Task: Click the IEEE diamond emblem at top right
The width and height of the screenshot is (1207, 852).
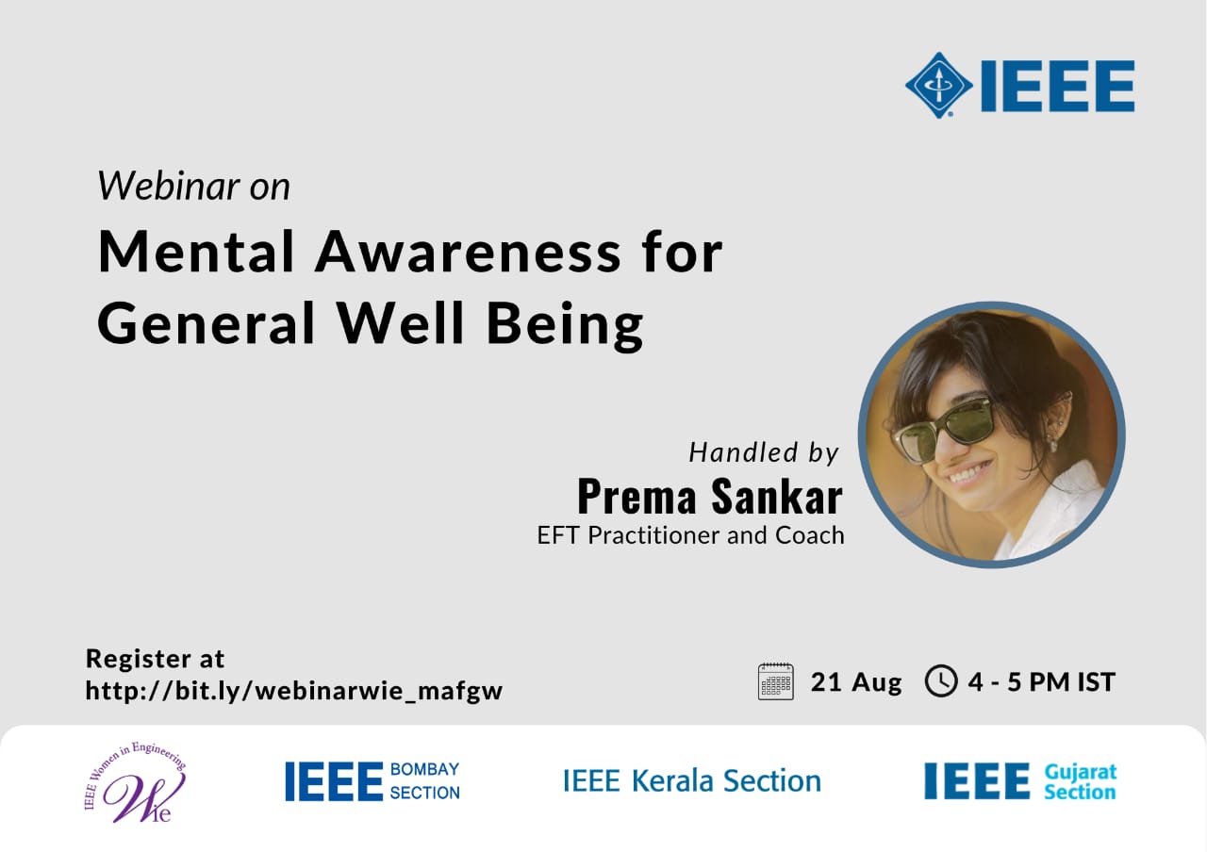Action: coord(938,85)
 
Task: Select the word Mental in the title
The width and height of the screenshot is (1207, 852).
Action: coord(196,252)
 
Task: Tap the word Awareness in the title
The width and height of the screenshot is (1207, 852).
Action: coord(468,252)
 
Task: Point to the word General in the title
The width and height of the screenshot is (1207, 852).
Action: coord(206,322)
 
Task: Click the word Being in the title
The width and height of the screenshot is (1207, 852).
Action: coord(565,325)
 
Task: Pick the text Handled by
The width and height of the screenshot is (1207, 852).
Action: coord(764,452)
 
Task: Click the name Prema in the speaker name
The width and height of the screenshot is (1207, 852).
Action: coord(637,496)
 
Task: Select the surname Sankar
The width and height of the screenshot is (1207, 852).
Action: coord(777,496)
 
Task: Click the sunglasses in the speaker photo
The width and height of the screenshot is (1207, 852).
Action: coord(944,431)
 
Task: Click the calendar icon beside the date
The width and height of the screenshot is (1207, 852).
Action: coord(775,681)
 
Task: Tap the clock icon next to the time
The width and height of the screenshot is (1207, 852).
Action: coord(941,681)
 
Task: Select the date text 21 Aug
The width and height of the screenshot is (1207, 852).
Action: coord(855,682)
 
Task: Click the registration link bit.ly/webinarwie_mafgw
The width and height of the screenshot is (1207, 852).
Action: coord(294,691)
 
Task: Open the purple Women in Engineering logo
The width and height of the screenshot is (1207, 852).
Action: coord(135,782)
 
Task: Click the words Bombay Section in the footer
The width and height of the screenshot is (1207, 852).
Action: coord(424,781)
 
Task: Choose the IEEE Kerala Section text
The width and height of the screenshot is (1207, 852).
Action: coord(692,781)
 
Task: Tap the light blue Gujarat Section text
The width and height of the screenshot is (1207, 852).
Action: coord(1081,782)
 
